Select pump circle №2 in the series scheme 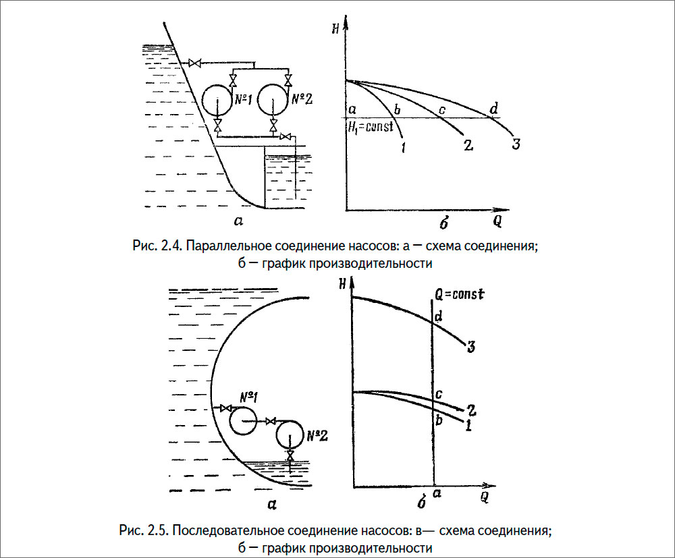(x=291, y=435)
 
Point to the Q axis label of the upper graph (x=497, y=220)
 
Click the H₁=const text (x=370, y=128)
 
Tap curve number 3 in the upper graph (x=516, y=143)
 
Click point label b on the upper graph (x=398, y=109)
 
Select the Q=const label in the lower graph (x=461, y=294)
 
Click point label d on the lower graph (x=439, y=315)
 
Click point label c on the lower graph (x=438, y=394)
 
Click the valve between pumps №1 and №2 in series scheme (x=271, y=421)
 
